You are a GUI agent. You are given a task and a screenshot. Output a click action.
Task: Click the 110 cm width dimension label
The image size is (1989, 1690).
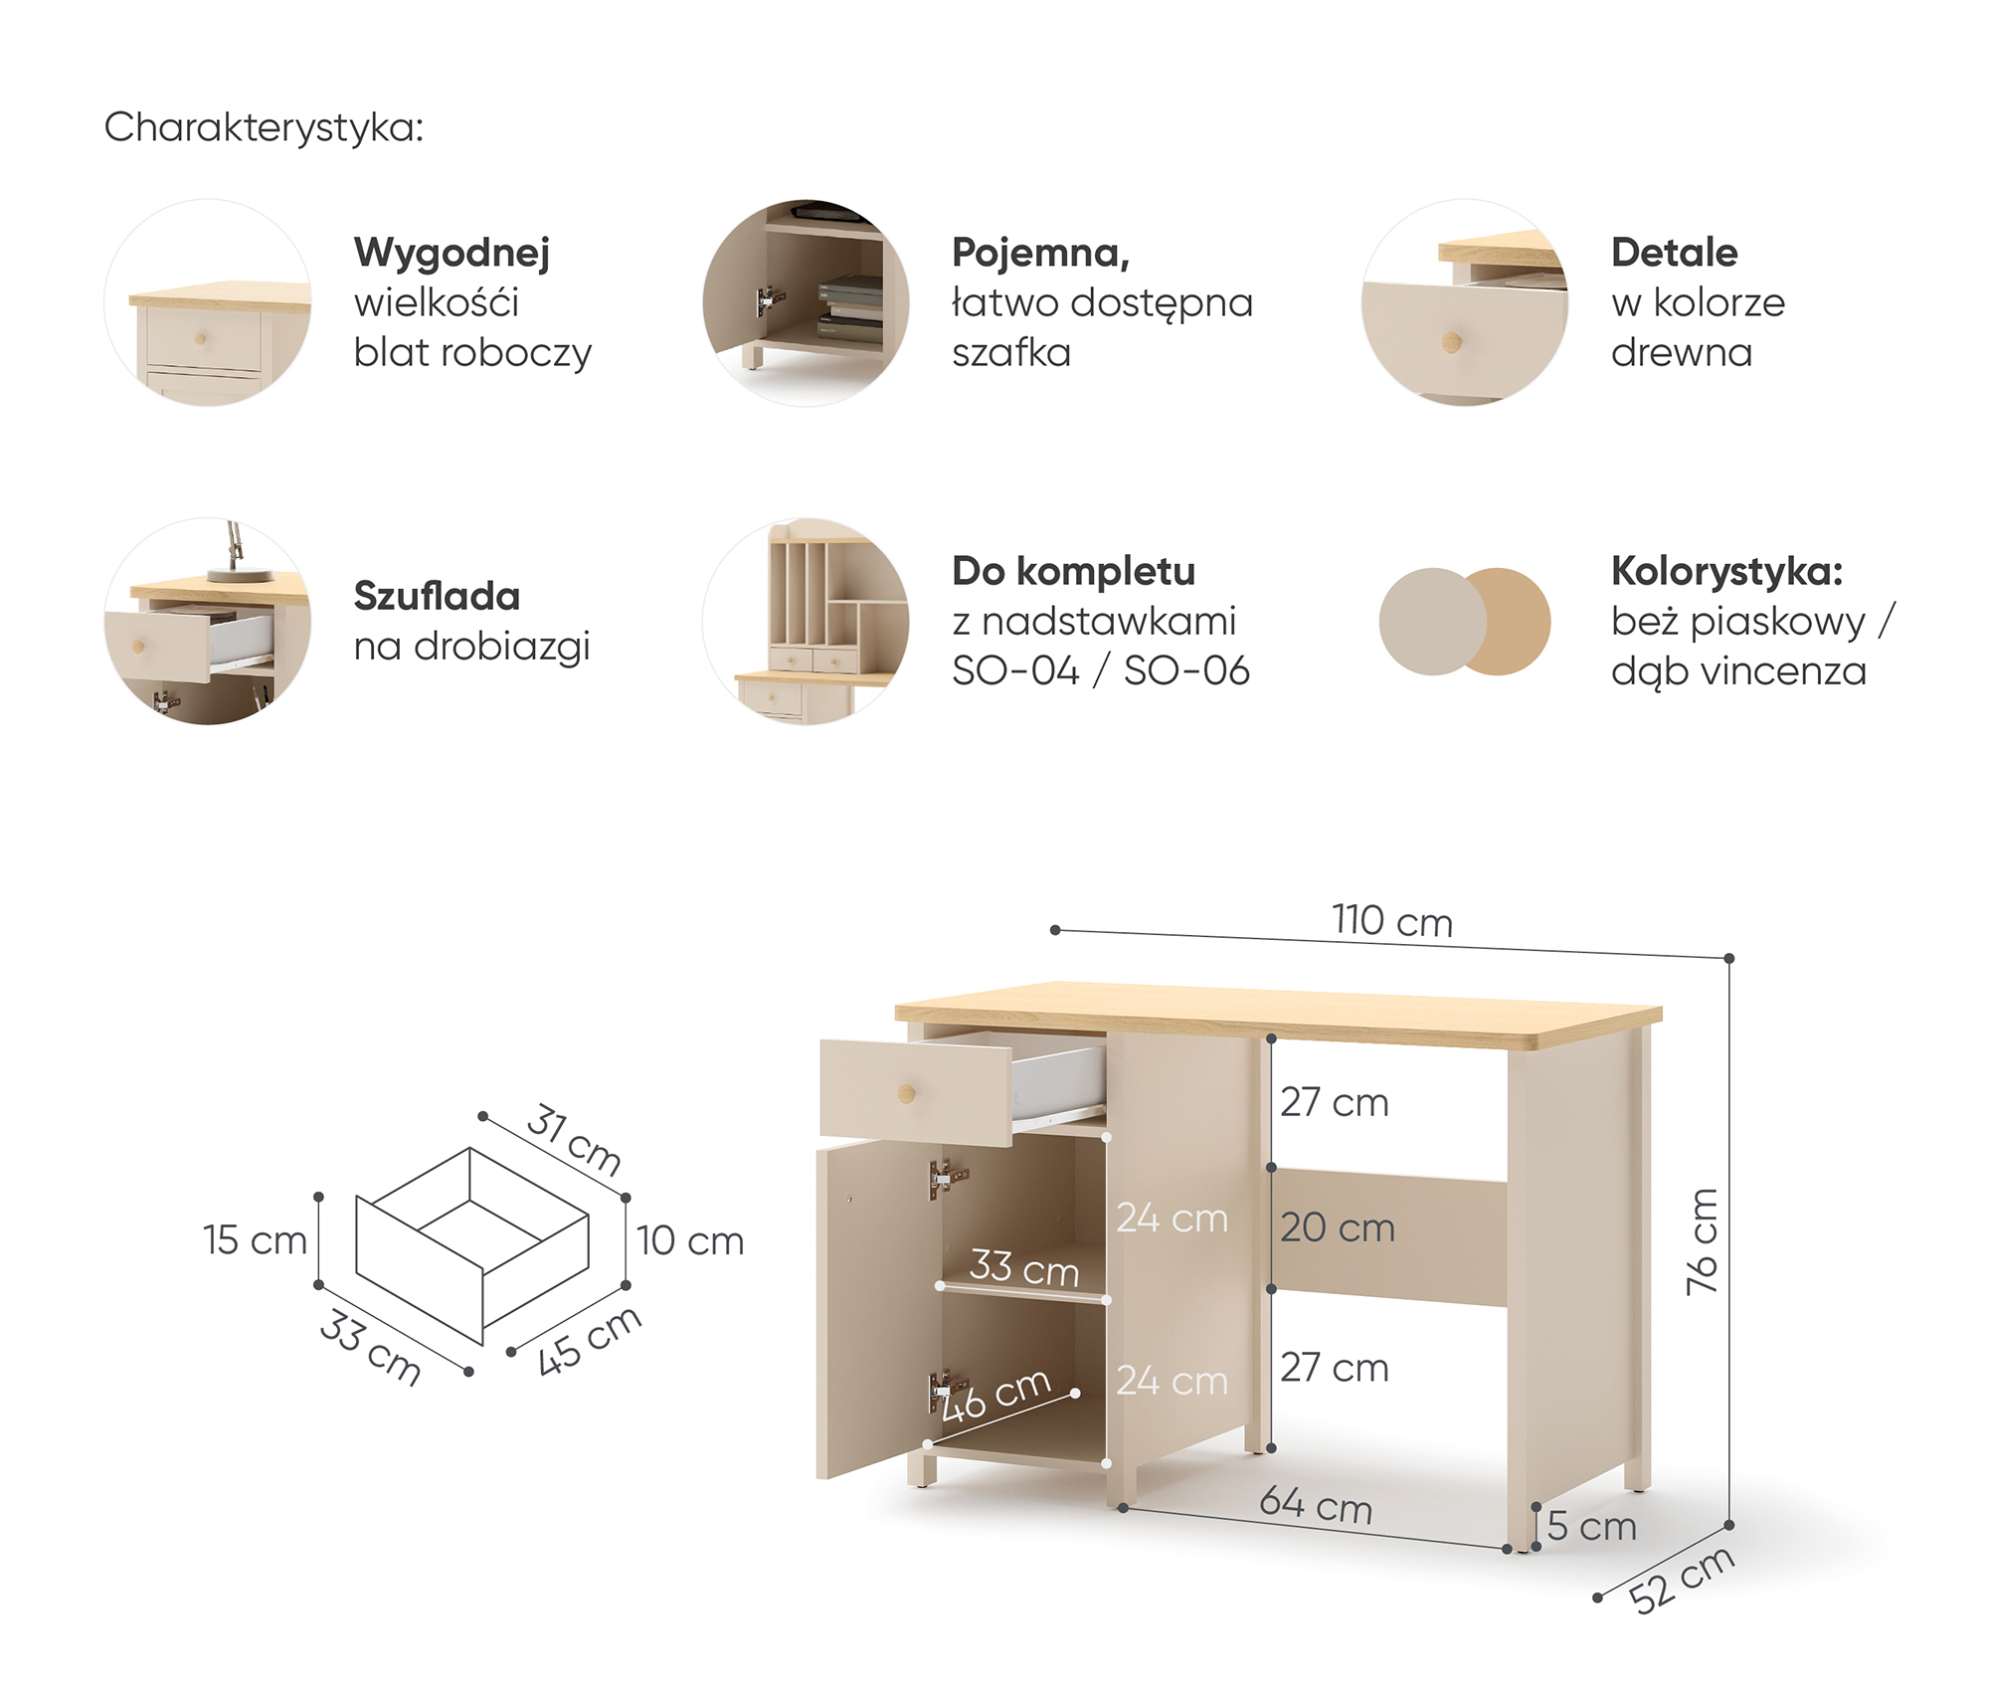[1392, 921]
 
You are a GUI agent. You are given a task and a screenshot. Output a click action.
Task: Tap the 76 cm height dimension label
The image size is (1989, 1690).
[1703, 1241]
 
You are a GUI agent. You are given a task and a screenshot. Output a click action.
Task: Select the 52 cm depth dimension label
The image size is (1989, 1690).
[1682, 1580]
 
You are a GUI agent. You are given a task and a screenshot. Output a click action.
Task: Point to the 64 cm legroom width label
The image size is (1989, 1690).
[1316, 1505]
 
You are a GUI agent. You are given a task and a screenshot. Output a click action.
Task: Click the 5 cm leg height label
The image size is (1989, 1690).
[1591, 1526]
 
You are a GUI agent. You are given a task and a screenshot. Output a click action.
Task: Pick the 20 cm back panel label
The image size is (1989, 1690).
[1338, 1227]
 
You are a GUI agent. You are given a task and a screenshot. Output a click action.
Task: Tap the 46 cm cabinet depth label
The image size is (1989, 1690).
[994, 1395]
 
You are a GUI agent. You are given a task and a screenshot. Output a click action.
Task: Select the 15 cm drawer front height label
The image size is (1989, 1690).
[255, 1240]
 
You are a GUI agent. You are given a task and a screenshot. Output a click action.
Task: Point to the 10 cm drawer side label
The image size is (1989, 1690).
[690, 1240]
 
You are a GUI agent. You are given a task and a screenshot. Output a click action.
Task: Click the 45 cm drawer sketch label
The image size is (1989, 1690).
[589, 1340]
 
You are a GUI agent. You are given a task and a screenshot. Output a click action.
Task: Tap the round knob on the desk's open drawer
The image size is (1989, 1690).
[906, 1094]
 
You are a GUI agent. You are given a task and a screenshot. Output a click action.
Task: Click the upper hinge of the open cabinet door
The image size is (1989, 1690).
[947, 1180]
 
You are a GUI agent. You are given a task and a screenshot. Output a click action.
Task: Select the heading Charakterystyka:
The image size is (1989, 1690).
[264, 127]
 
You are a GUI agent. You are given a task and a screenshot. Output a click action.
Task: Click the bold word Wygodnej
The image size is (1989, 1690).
[452, 254]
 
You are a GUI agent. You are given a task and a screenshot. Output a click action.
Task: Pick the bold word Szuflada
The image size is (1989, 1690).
[437, 596]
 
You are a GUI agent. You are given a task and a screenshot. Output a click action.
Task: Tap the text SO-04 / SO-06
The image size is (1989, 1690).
[1101, 671]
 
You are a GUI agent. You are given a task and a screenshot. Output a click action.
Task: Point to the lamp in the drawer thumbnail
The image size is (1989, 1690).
[237, 553]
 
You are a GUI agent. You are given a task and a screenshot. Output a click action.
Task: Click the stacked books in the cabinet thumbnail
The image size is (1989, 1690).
[850, 309]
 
